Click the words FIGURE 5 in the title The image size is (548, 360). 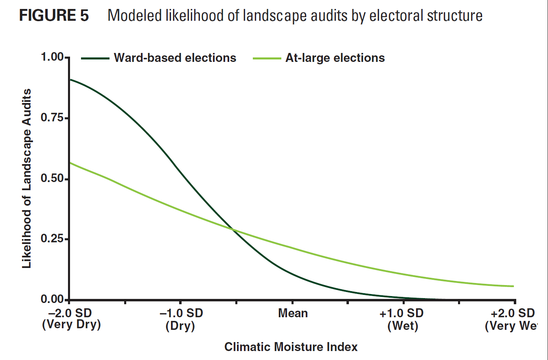point(54,16)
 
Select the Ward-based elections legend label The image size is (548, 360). point(175,58)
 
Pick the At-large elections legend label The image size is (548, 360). point(335,58)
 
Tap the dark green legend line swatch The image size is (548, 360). point(95,58)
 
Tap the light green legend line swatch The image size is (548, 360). point(267,58)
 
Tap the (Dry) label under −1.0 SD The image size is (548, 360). point(180,326)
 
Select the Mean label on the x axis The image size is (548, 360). point(293,313)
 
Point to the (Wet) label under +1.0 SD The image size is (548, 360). point(403,326)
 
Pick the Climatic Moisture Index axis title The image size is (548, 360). point(291,347)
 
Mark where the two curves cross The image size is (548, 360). point(233,230)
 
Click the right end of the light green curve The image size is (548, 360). point(513,286)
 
